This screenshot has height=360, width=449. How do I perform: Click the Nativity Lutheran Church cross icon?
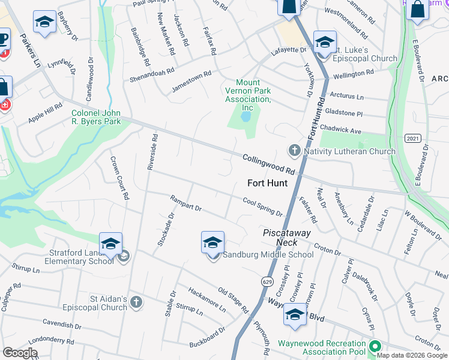294,151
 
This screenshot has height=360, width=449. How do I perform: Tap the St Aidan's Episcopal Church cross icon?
136,302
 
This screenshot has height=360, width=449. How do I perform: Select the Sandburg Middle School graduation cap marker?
212,242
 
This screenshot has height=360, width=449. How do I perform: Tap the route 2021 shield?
412,138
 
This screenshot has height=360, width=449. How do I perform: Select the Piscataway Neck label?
279,237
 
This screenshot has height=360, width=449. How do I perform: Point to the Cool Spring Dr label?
262,207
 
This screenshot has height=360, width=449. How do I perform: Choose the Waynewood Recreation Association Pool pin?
375,346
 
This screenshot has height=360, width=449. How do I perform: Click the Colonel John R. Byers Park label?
96,117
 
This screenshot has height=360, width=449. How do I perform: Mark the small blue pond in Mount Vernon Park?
246,116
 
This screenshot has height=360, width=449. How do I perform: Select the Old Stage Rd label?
233,300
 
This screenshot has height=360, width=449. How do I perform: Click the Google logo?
20,353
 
